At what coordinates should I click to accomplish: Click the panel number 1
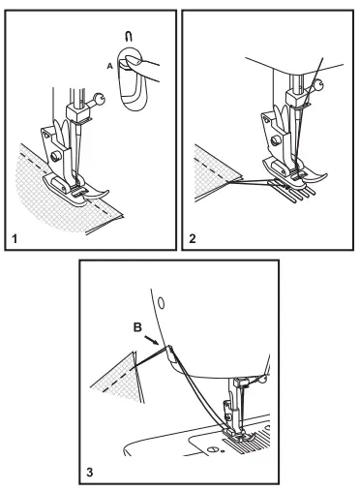click(x=15, y=239)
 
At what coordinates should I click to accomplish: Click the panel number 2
click(x=193, y=239)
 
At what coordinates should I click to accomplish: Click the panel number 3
click(x=90, y=473)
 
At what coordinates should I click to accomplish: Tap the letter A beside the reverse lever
click(x=110, y=66)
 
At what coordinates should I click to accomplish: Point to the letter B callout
click(x=137, y=327)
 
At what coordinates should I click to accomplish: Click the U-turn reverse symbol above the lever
click(x=129, y=37)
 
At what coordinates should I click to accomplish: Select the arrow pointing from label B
click(x=151, y=340)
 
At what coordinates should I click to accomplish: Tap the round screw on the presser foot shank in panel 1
click(x=56, y=157)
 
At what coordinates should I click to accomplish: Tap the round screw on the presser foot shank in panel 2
click(x=276, y=140)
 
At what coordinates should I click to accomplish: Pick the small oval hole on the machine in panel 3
click(x=162, y=302)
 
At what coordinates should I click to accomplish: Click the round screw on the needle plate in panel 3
click(x=213, y=449)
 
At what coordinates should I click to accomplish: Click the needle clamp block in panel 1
click(x=77, y=112)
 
